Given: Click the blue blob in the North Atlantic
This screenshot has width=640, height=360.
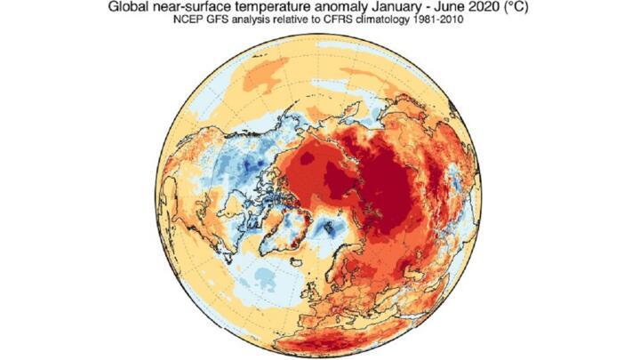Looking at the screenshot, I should pos(263,279).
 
